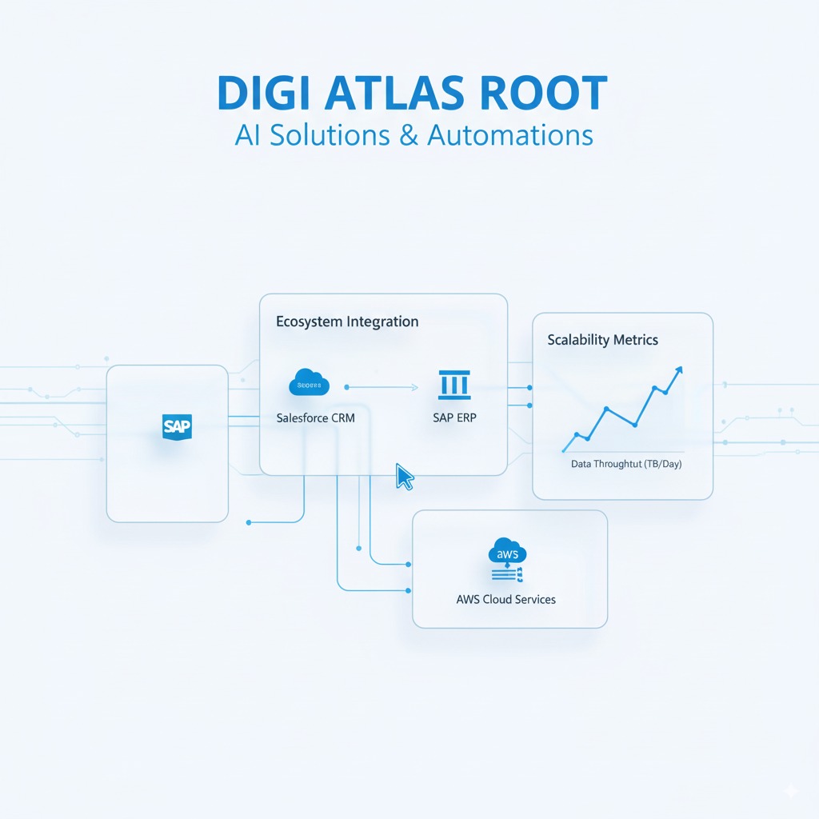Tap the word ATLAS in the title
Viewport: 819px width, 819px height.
coord(396,94)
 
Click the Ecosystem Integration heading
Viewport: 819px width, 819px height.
coord(347,322)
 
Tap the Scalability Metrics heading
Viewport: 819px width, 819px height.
coord(603,340)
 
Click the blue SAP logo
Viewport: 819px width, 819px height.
coord(177,425)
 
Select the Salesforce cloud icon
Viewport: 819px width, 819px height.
coord(309,383)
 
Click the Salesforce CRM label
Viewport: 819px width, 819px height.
coord(315,417)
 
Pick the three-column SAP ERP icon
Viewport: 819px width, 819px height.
coord(454,385)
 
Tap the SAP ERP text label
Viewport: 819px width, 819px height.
coord(454,417)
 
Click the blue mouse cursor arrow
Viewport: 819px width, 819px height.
coord(405,476)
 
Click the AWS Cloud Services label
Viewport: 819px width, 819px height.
coord(505,599)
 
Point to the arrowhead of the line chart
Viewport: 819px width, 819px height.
coord(679,370)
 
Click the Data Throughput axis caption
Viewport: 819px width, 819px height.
coord(626,464)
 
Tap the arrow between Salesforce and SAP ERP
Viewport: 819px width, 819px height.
coord(382,387)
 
